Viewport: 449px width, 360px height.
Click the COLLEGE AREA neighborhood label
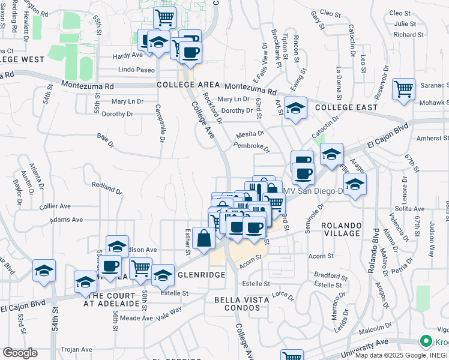coord(184,85)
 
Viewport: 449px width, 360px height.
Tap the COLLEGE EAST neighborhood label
coord(346,107)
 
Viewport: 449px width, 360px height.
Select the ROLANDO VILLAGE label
coord(342,230)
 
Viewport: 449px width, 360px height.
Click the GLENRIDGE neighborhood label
coord(192,274)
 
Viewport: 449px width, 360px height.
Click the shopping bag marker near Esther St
coord(204,239)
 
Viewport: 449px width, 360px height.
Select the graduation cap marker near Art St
coord(295,109)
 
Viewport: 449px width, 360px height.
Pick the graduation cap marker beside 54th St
coord(44,271)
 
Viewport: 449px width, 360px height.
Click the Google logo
coord(20,353)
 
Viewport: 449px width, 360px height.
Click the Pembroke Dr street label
coord(252,146)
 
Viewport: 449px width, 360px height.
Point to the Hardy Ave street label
coord(128,55)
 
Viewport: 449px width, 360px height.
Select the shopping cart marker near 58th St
coord(140,269)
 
